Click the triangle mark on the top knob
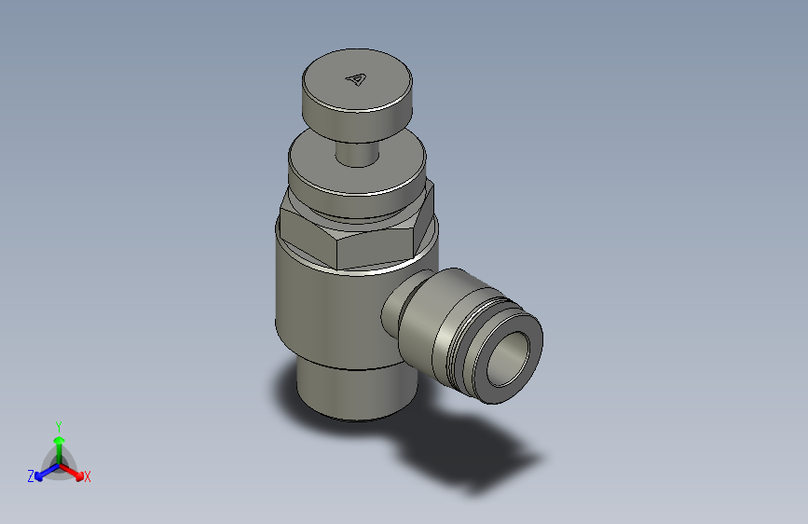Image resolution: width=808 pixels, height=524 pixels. [355, 79]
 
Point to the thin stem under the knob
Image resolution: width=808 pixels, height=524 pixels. [355, 153]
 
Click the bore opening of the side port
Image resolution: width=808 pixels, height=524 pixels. [509, 357]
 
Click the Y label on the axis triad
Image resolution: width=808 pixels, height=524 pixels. [58, 424]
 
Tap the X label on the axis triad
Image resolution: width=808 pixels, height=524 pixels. [88, 477]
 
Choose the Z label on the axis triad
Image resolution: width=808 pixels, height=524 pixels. [31, 476]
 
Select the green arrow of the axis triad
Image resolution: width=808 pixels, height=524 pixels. [58, 443]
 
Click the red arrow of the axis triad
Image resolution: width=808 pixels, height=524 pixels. [75, 472]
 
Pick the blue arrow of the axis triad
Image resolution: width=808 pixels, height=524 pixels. [42, 473]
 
